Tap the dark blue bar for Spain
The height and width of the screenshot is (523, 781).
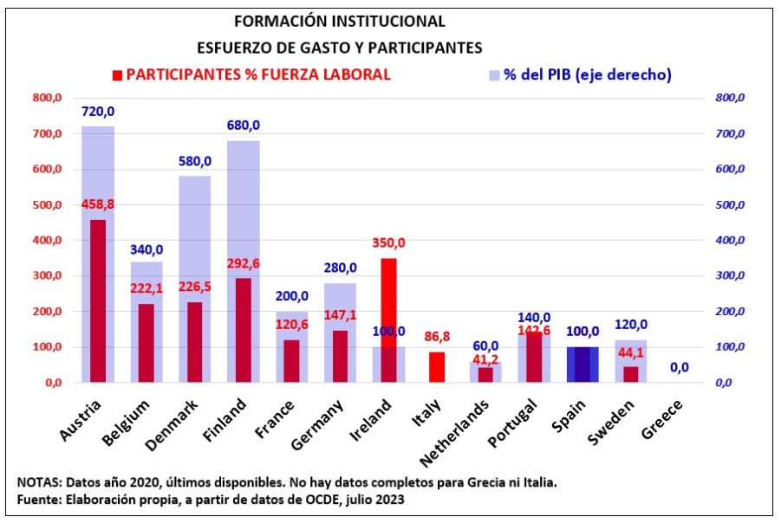tap(582, 365)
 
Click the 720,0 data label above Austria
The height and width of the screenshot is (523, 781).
tap(98, 112)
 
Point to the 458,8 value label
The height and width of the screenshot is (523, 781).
tap(98, 204)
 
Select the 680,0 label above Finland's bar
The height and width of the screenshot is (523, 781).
tap(244, 126)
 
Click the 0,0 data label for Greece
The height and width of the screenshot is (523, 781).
tap(679, 367)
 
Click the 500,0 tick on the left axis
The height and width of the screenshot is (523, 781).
tap(48, 205)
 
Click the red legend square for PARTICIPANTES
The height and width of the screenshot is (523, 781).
tap(117, 74)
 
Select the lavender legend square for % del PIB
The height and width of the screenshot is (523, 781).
tap(494, 74)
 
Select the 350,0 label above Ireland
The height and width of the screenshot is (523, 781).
tap(388, 243)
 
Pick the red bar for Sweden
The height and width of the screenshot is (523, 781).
tap(631, 374)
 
